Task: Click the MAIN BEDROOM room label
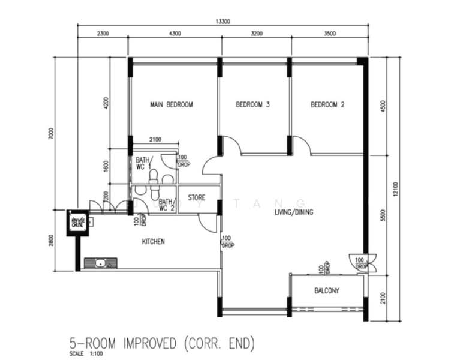(172, 104)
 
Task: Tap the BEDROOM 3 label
(252, 104)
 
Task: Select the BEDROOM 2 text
(327, 104)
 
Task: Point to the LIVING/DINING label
(294, 212)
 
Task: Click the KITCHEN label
(153, 242)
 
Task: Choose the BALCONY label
(327, 291)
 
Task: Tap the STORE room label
(197, 197)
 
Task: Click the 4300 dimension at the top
(175, 34)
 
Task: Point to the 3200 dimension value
(256, 34)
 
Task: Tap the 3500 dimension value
(329, 34)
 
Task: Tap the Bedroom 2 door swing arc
(302, 146)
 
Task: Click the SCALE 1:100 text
(85, 353)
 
